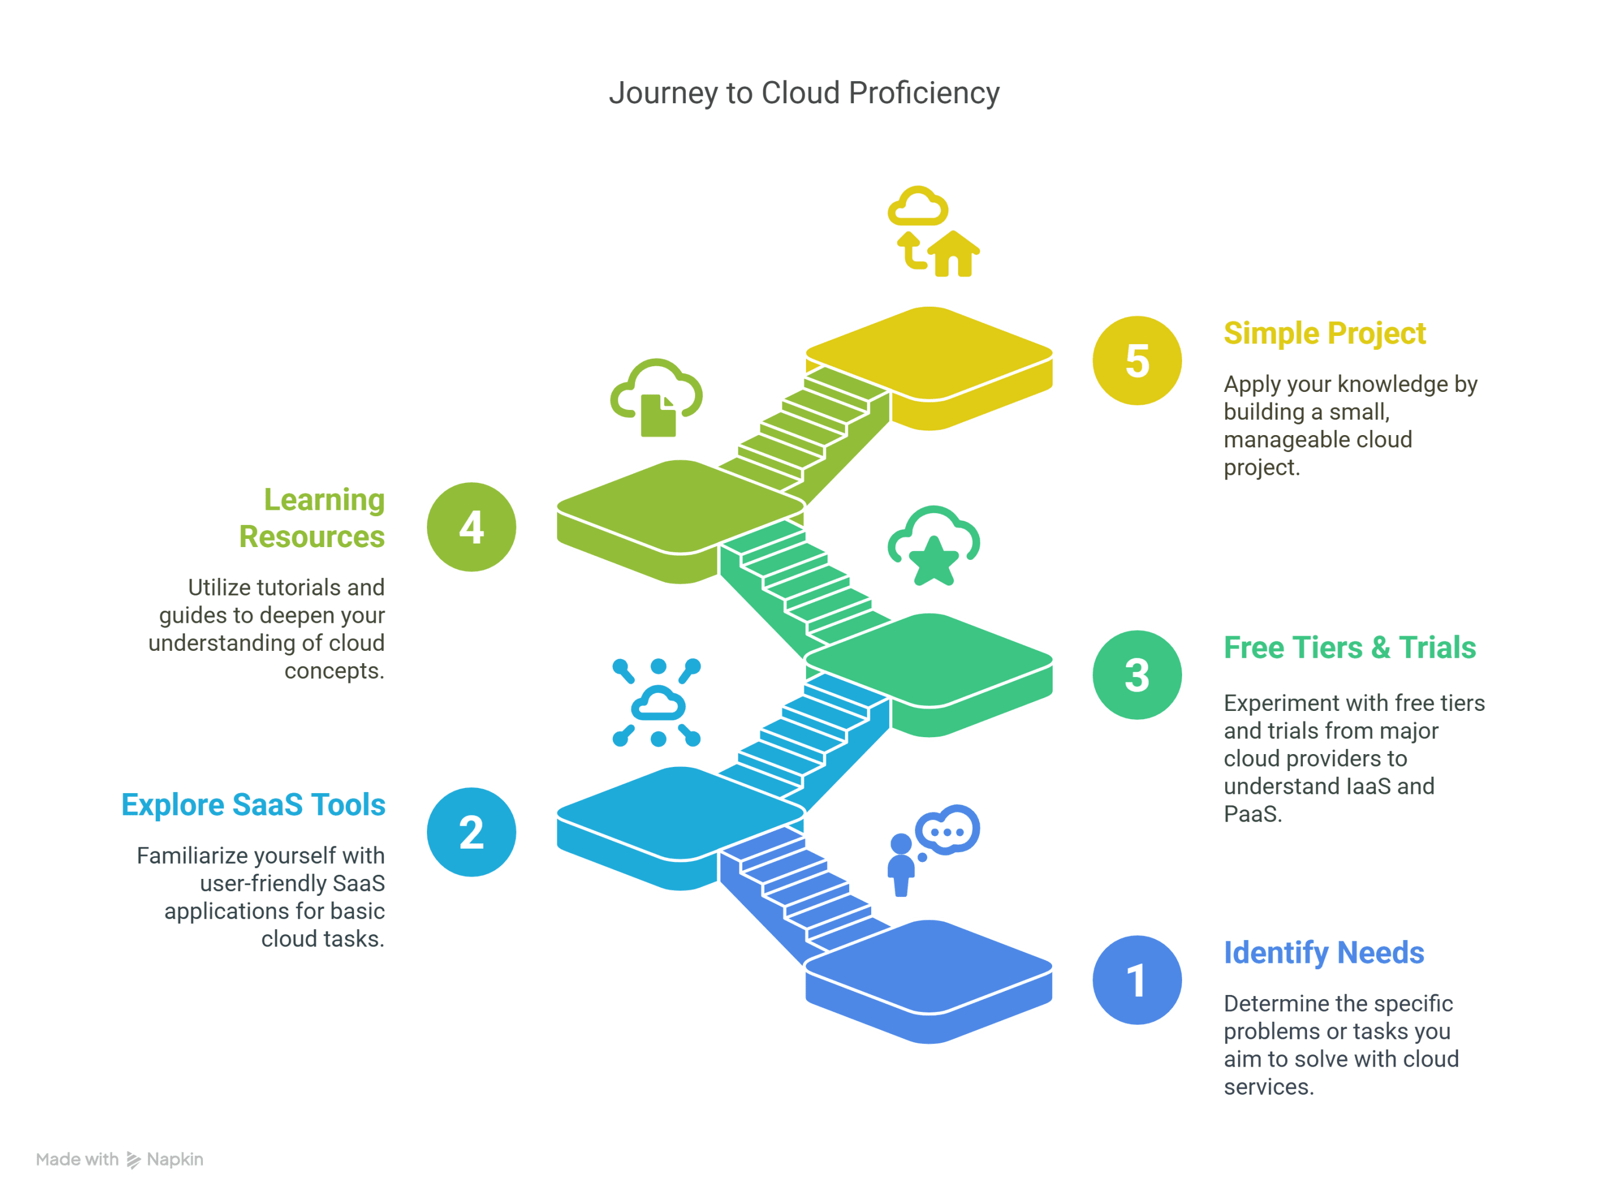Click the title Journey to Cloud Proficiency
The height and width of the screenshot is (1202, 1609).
804,93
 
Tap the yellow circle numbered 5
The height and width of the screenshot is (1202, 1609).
1137,361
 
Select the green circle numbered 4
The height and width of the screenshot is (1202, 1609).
471,527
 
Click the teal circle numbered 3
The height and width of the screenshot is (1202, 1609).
1137,675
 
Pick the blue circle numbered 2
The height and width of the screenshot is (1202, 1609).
471,832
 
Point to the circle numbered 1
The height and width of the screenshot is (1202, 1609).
1137,980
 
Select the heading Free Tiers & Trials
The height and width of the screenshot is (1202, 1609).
1349,647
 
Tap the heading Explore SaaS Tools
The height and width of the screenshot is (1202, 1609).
253,805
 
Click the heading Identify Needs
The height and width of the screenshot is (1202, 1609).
1323,952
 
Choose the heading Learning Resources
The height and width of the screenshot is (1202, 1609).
313,518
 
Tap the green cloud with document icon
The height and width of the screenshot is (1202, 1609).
657,398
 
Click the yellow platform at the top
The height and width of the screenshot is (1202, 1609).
929,353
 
